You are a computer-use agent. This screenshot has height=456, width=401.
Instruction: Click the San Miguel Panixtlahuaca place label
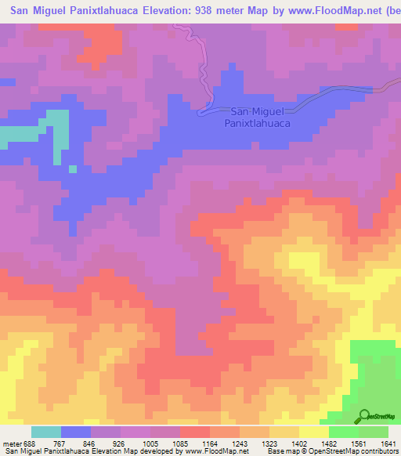[258, 118]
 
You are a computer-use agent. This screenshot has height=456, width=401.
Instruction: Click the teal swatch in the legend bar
[46, 432]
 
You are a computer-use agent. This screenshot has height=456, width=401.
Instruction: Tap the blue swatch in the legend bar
[76, 432]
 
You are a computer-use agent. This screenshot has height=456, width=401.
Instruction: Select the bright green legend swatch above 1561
[344, 432]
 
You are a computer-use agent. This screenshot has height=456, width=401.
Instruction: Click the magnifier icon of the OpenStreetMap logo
[366, 416]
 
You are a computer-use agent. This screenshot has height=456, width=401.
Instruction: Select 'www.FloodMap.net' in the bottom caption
[216, 452]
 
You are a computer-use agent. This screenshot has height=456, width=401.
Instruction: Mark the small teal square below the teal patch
[73, 168]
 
